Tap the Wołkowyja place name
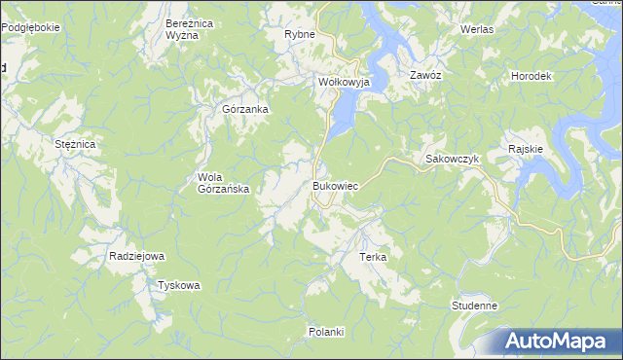pos(345,83)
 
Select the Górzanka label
pos(245,109)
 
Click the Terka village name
pos(374,257)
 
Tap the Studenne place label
pos(475,306)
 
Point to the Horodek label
pos(531,76)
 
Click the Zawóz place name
pos(426,75)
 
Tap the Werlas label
pos(477,30)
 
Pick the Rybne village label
pos(299,34)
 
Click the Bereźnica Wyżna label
pos(182,28)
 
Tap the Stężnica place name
pos(74,144)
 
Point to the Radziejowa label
pos(136,256)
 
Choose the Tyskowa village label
pos(179,285)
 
